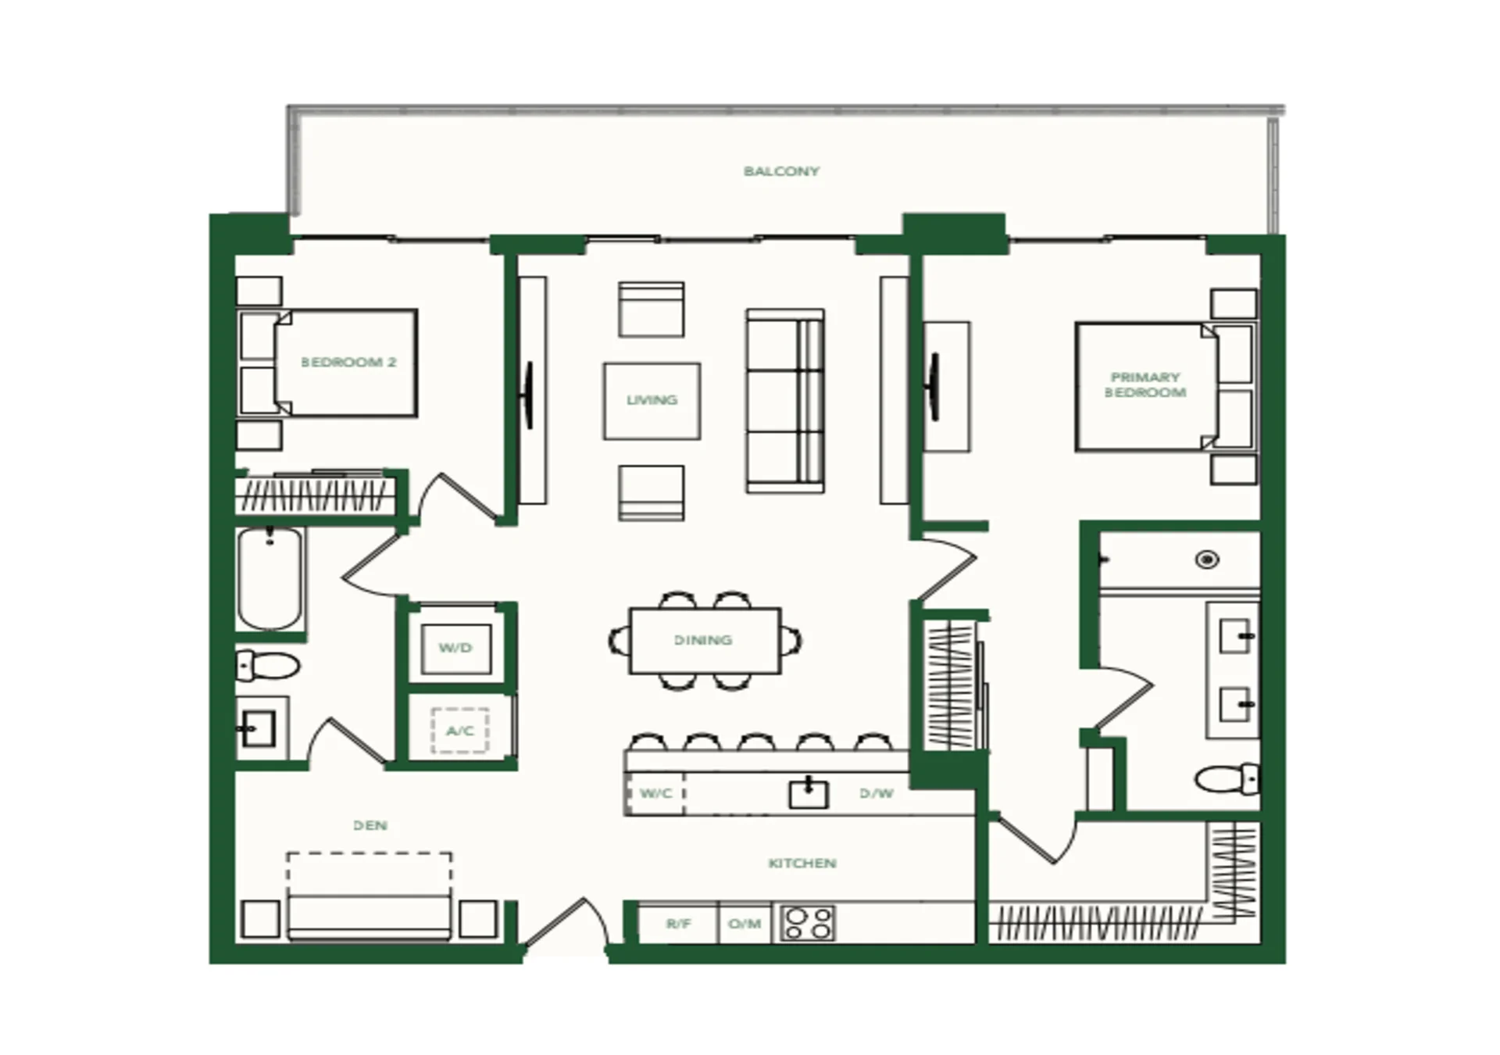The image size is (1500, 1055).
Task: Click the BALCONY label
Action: tap(781, 171)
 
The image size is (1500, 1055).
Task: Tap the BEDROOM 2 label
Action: tap(348, 363)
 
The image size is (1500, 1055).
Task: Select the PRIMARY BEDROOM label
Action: tap(1145, 384)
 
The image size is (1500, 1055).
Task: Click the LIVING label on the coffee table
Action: tap(652, 400)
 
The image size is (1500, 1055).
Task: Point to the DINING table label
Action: tap(703, 640)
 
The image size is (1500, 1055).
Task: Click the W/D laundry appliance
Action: tap(456, 648)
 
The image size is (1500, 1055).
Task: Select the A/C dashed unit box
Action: tap(460, 731)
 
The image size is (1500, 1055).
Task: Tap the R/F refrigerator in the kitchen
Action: tap(678, 924)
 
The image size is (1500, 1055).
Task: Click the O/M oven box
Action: tap(745, 924)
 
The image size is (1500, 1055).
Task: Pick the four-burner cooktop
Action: tap(808, 923)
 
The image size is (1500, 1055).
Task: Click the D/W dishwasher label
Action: tap(876, 793)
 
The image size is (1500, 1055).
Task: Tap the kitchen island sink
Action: tap(809, 794)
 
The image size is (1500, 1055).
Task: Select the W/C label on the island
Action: tap(655, 793)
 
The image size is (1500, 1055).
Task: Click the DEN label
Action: tap(370, 825)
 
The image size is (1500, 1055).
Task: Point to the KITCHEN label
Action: tap(802, 864)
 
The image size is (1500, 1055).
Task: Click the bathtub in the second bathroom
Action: tap(270, 578)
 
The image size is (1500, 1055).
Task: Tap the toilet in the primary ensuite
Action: tap(1227, 778)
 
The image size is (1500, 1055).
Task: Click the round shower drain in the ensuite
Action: tap(1208, 560)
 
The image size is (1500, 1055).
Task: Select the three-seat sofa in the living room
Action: tap(785, 401)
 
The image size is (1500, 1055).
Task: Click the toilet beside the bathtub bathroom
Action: tap(268, 666)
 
